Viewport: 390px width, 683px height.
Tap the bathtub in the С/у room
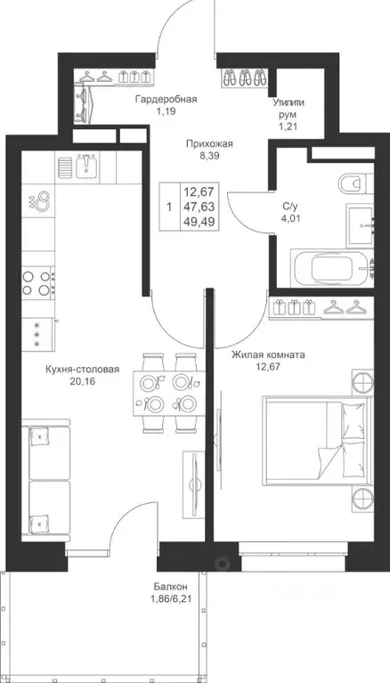click(332, 268)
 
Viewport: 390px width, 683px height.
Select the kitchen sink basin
click(87, 165)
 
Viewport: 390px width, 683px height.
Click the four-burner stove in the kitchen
click(38, 282)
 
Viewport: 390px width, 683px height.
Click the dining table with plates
click(169, 393)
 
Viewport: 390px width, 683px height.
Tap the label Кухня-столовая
click(82, 370)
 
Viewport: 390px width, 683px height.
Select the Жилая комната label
click(268, 355)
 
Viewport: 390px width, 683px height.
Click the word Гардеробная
click(166, 100)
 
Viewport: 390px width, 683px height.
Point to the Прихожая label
click(209, 144)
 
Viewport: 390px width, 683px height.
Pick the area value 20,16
click(82, 382)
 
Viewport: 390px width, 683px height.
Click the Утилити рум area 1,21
click(288, 126)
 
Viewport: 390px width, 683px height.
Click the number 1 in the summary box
click(168, 207)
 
